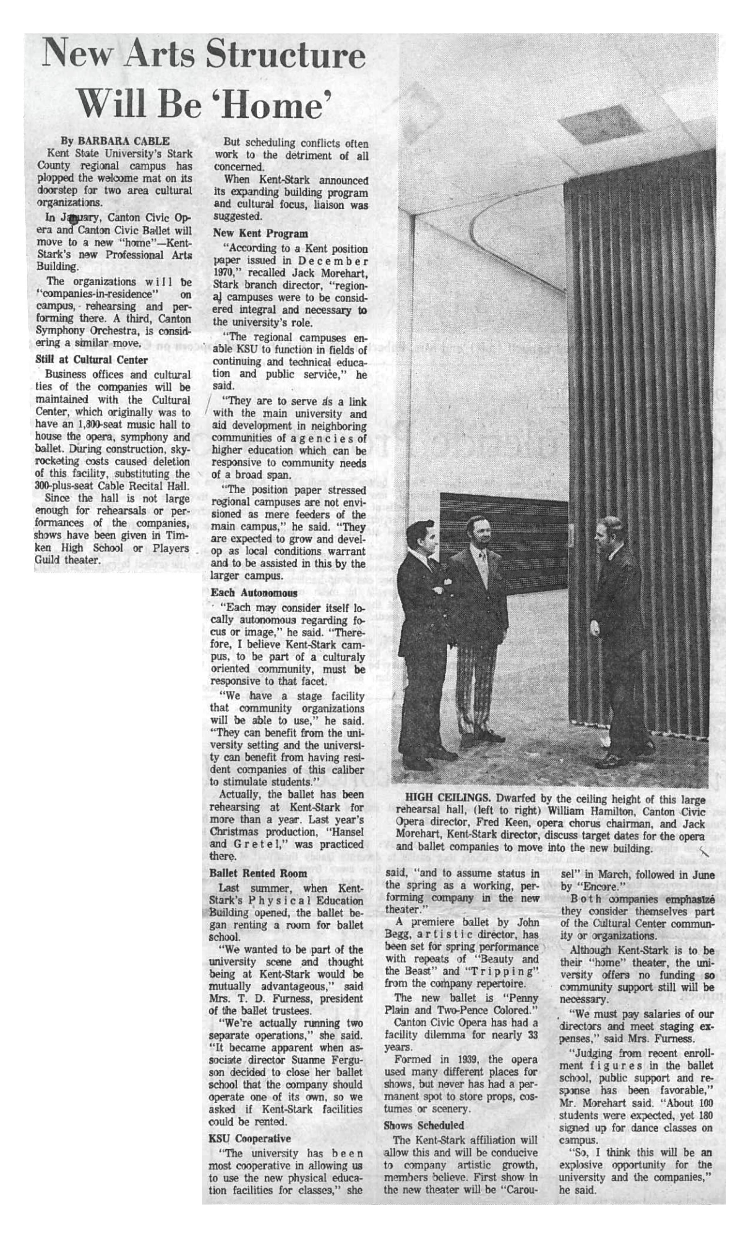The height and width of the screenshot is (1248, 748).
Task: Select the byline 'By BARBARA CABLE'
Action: [x=115, y=141]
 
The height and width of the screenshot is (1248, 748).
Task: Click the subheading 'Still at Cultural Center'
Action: [x=92, y=360]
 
